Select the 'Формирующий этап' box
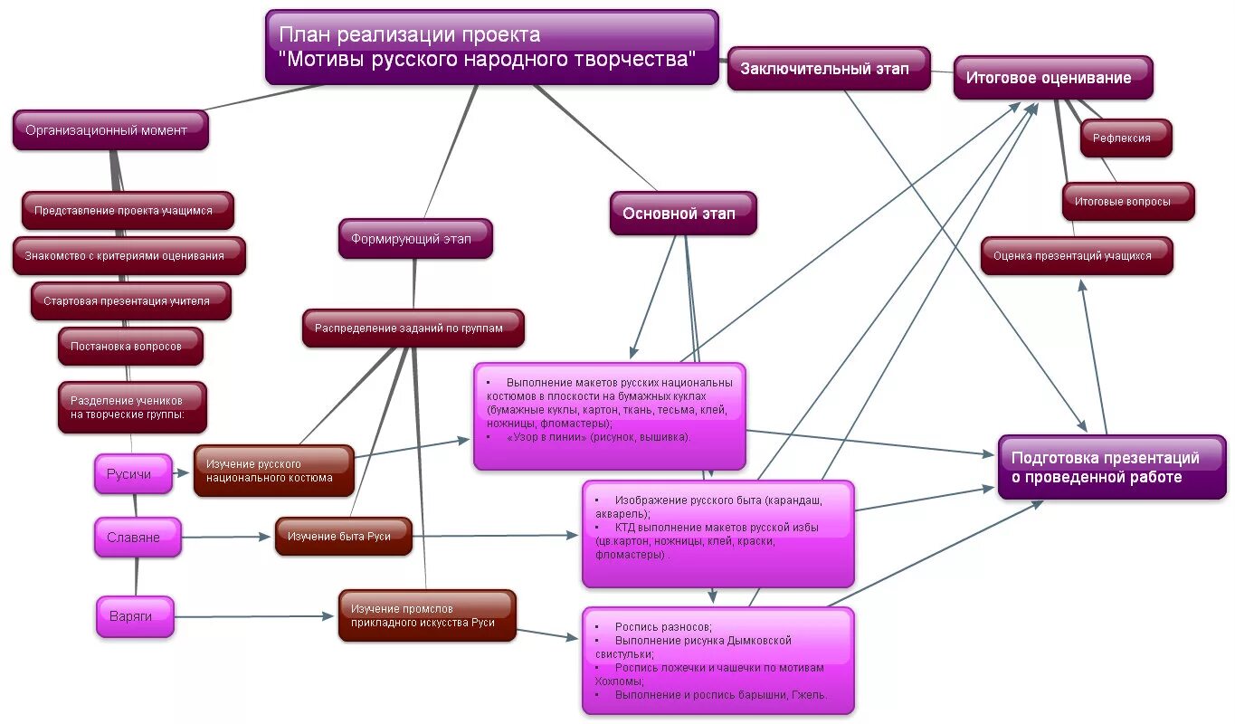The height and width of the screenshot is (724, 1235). tap(415, 239)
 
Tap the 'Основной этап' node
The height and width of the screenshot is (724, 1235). tap(682, 214)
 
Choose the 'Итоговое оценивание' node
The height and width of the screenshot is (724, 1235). tap(1052, 78)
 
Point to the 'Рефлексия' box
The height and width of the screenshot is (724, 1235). tap(1126, 138)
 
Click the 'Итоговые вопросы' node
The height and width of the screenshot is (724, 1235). tap(1127, 201)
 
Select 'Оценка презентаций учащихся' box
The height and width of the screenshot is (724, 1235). tap(1076, 256)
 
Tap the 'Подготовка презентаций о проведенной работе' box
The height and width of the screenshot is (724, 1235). tap(1111, 467)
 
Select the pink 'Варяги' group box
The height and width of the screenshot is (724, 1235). tap(134, 616)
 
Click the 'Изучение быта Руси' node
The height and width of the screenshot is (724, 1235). tap(343, 536)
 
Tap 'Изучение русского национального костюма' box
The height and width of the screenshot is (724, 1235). tap(273, 471)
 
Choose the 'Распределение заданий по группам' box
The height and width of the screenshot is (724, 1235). tap(413, 329)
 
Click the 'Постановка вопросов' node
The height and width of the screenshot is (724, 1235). tap(130, 347)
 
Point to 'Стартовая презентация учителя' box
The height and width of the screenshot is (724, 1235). tap(130, 301)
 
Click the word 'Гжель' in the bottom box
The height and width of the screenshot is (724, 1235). tap(807, 695)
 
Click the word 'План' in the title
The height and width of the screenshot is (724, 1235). tap(303, 34)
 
